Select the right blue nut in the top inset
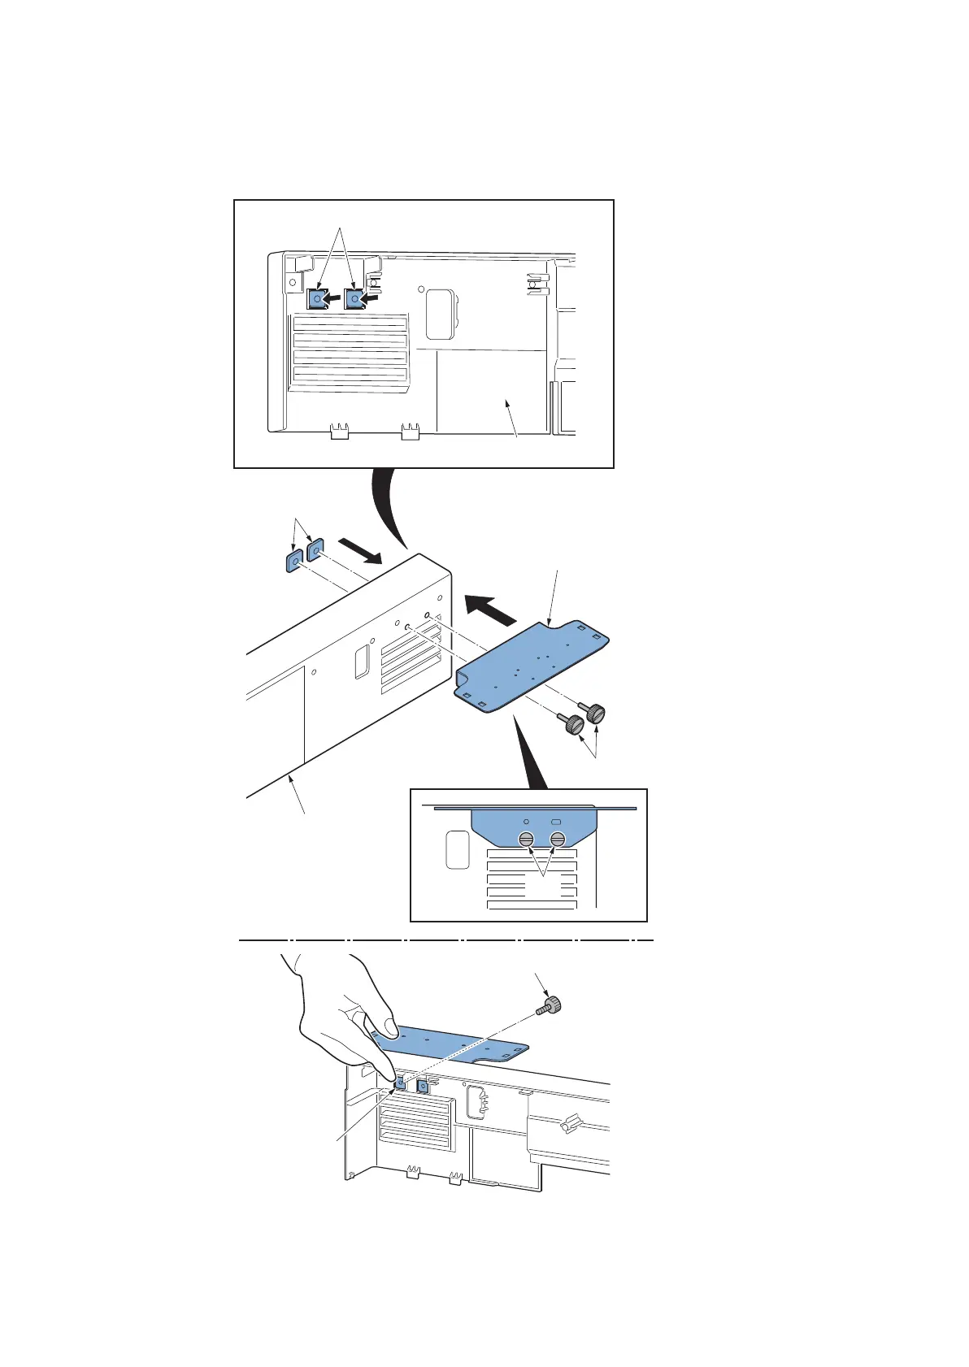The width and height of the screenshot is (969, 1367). click(x=354, y=300)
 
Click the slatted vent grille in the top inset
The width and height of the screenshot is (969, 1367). click(x=350, y=349)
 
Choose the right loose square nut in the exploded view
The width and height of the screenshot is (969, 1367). click(x=315, y=550)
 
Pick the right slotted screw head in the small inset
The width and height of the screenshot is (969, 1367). click(x=557, y=840)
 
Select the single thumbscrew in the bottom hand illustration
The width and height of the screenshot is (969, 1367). click(x=552, y=1005)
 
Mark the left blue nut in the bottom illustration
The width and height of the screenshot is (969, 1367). click(x=399, y=1083)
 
